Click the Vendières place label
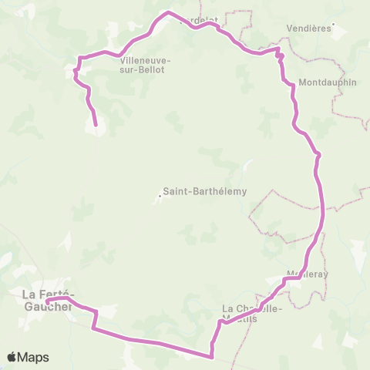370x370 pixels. [x=310, y=27]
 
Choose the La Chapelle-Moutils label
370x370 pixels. [x=253, y=314]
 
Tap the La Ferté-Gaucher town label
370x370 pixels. [x=48, y=300]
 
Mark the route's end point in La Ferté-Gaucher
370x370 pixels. [x=48, y=302]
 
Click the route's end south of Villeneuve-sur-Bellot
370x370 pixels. [x=96, y=124]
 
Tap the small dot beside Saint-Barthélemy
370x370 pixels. [x=160, y=195]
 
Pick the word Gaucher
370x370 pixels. [x=48, y=306]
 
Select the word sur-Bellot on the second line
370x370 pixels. [x=146, y=69]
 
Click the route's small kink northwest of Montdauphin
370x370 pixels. [x=280, y=55]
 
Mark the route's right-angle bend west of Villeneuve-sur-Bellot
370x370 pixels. [x=78, y=59]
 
